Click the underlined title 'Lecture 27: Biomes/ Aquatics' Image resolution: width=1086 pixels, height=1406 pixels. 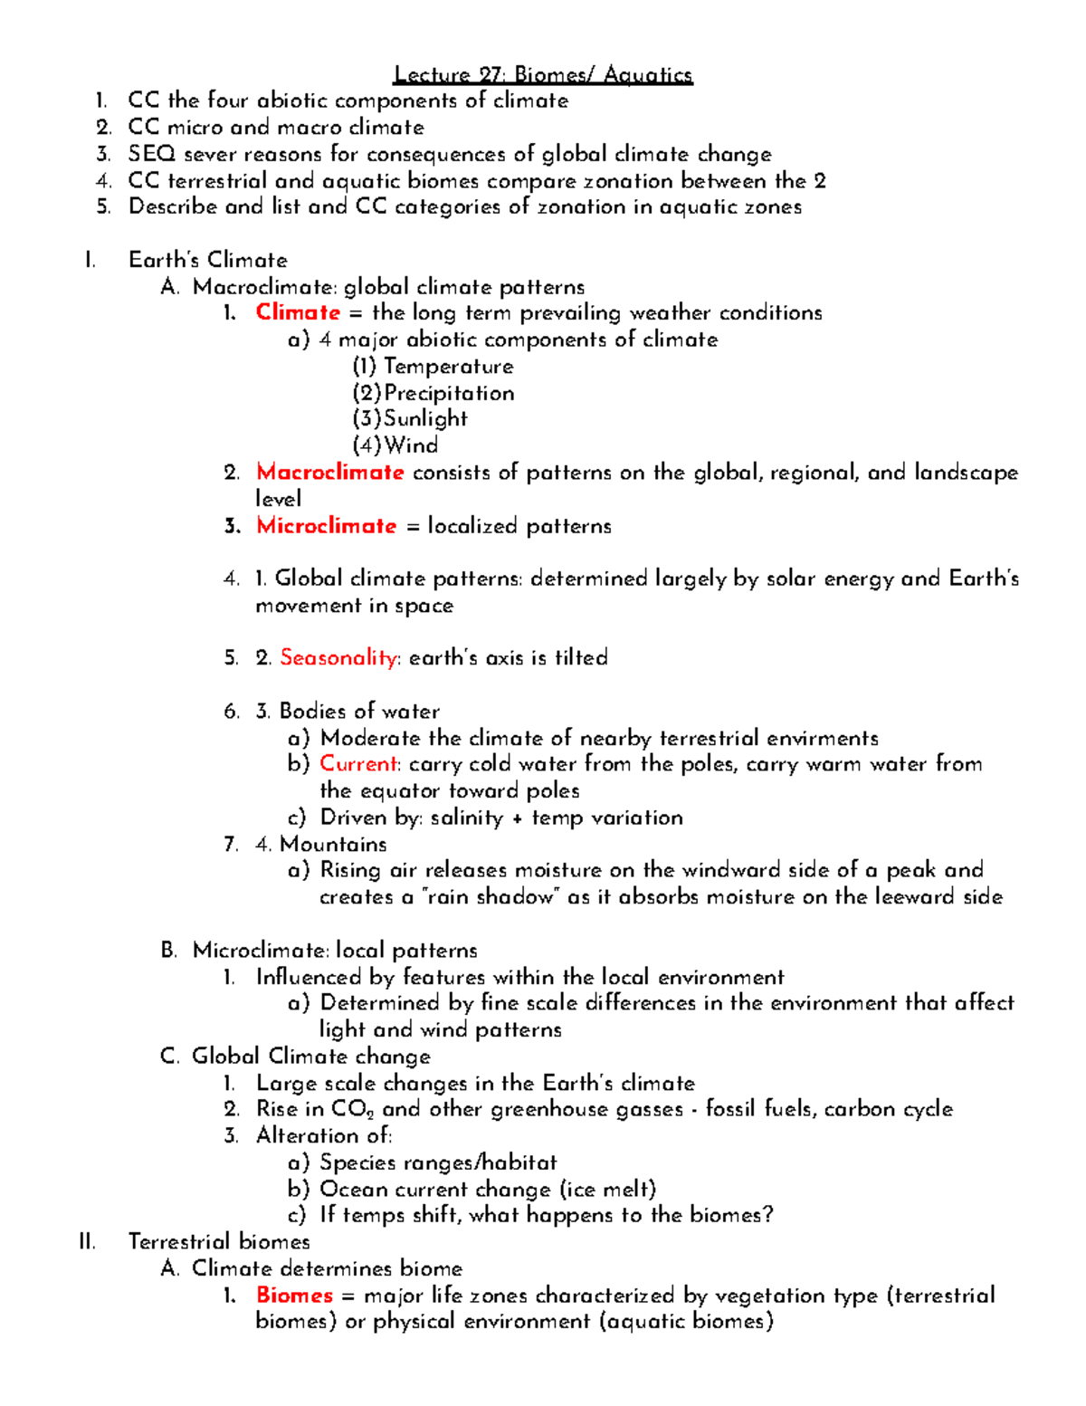pos(543,74)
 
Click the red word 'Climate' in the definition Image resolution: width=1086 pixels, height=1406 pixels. pos(298,312)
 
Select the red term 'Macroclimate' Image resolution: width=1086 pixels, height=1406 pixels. pos(329,472)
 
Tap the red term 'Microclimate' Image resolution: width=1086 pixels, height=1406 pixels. pos(326,526)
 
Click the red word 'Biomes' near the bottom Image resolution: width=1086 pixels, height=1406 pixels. pos(294,1295)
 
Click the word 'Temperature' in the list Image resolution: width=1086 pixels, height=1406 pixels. pos(448,367)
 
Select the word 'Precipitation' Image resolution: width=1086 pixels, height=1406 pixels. pos(449,393)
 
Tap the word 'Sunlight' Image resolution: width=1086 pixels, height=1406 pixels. pos(425,418)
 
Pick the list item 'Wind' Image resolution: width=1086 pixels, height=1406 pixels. pos(411,445)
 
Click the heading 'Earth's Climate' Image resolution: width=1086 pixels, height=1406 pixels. pos(207,260)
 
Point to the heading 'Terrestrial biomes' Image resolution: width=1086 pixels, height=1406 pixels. pos(219,1241)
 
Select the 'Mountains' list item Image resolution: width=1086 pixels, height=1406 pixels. pos(333,844)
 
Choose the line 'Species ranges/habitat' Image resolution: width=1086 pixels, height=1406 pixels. pos(438,1162)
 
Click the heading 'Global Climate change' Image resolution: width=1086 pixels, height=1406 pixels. pos(310,1057)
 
